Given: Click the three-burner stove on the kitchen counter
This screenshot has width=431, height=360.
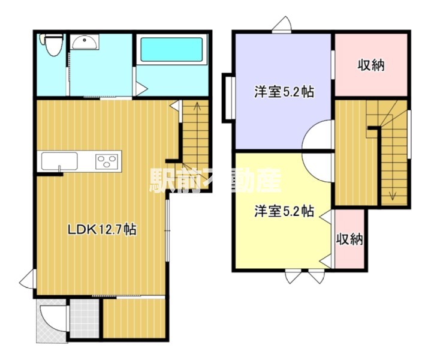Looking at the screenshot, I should click(108, 161).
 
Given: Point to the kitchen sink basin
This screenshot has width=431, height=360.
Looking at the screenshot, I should click(59, 161).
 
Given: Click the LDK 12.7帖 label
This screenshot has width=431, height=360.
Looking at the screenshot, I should click(101, 229).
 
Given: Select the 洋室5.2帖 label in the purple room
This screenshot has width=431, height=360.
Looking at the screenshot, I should click(285, 92).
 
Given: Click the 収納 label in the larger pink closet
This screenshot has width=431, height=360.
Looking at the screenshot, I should click(371, 65).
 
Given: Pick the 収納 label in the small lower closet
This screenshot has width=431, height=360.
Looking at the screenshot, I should click(349, 239).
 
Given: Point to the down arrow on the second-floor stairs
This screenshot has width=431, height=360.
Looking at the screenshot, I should click(393, 194).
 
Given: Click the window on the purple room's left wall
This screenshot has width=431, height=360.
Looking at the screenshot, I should click(227, 97).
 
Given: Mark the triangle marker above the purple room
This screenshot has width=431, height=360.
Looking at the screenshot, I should click(282, 25).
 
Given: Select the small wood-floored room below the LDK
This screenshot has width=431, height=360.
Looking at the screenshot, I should click(134, 318).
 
